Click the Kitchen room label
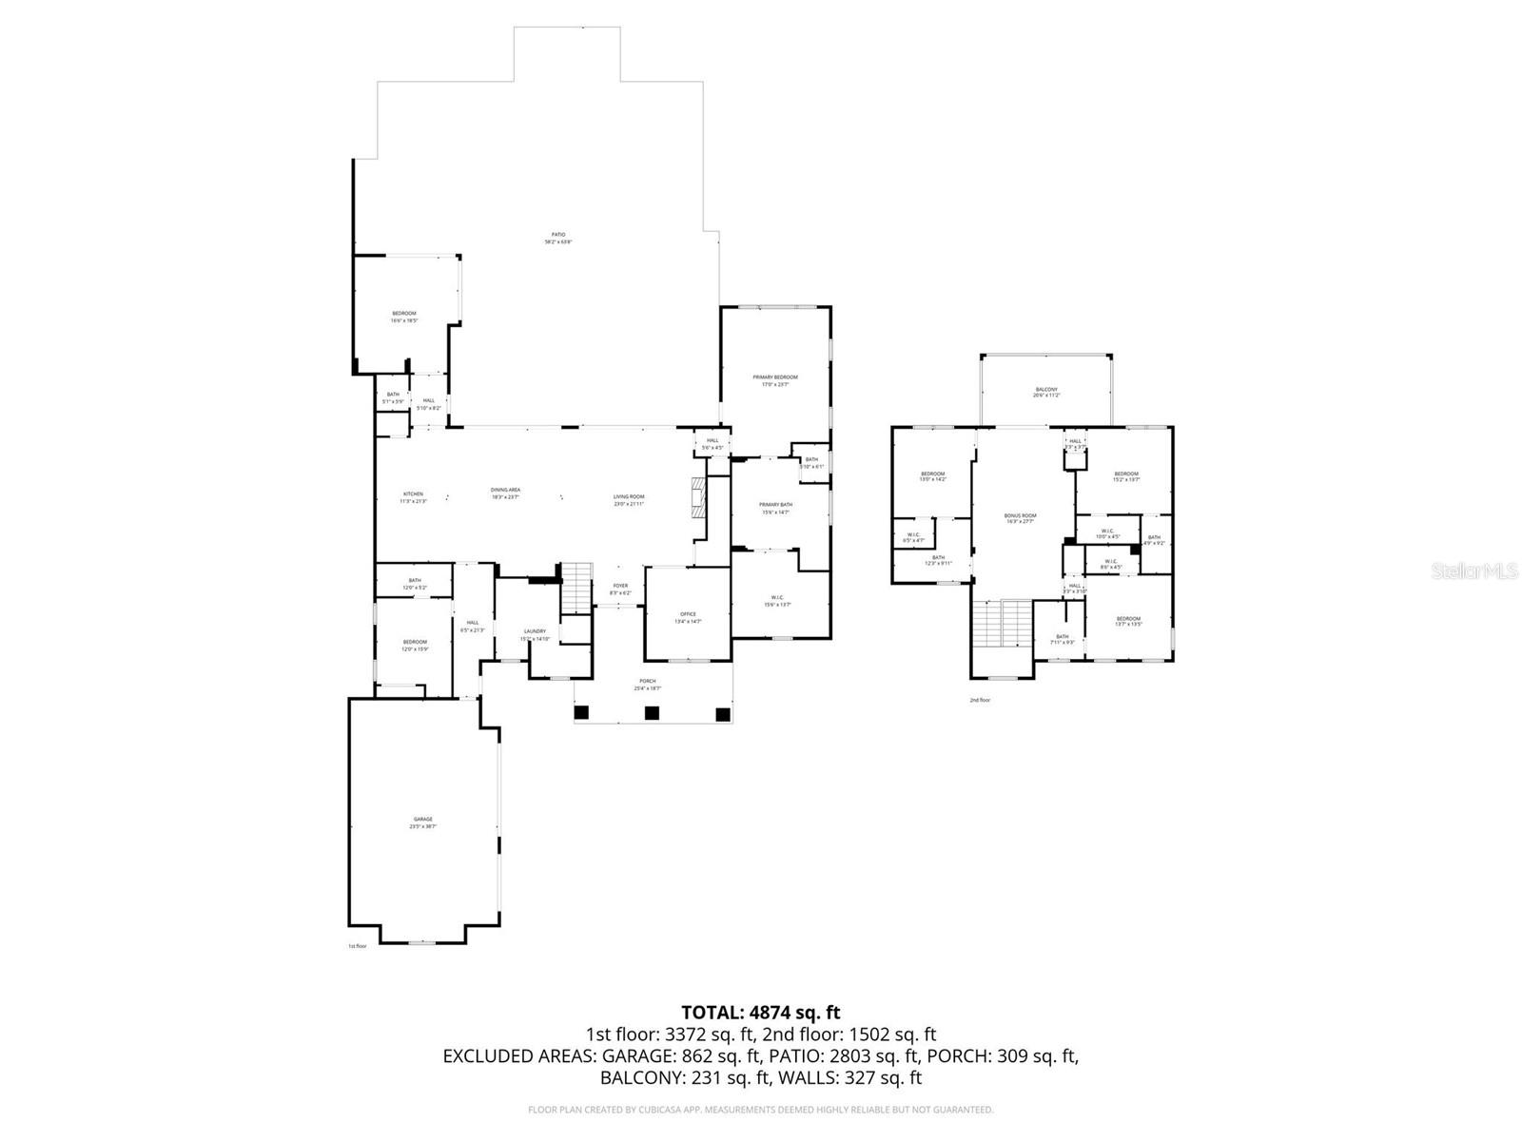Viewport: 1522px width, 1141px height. [413, 496]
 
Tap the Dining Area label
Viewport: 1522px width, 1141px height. [505, 493]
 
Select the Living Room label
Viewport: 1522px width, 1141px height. [628, 499]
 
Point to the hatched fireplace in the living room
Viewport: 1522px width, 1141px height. [699, 496]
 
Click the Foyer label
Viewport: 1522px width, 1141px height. [620, 589]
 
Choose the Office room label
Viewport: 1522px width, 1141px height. [688, 617]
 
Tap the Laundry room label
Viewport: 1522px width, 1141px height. [535, 634]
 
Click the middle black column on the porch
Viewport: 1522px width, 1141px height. [652, 712]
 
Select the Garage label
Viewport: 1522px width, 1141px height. [422, 822]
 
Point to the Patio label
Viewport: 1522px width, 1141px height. [558, 238]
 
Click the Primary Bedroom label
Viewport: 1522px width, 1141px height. [775, 380]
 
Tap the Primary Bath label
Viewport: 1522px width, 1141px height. [774, 508]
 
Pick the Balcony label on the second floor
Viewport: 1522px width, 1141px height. [1045, 392]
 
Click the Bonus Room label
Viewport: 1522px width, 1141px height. [1020, 518]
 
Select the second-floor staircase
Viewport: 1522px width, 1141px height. [1003, 623]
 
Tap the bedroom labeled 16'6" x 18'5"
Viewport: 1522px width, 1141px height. [403, 317]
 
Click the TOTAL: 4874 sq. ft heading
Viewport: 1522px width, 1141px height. [760, 1013]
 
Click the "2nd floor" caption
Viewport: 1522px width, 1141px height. [980, 700]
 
